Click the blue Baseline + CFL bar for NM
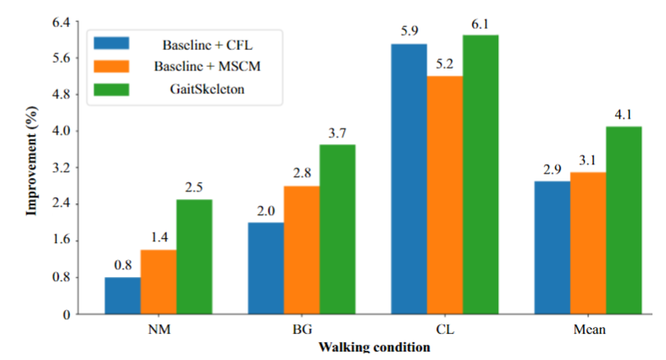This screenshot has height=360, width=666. [x=123, y=296]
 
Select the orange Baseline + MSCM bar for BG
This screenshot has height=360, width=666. [x=302, y=250]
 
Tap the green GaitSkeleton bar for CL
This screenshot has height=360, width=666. [x=480, y=174]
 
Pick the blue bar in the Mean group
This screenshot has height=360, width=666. [x=552, y=247]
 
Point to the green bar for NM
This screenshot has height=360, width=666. [x=194, y=257]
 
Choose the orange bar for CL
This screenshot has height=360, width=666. [x=445, y=195]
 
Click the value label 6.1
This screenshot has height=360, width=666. [x=480, y=25]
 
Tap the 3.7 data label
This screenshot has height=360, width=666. [x=337, y=134]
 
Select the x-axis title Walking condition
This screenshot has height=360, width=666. [x=373, y=347]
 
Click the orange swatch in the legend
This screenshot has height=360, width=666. [x=112, y=65]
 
